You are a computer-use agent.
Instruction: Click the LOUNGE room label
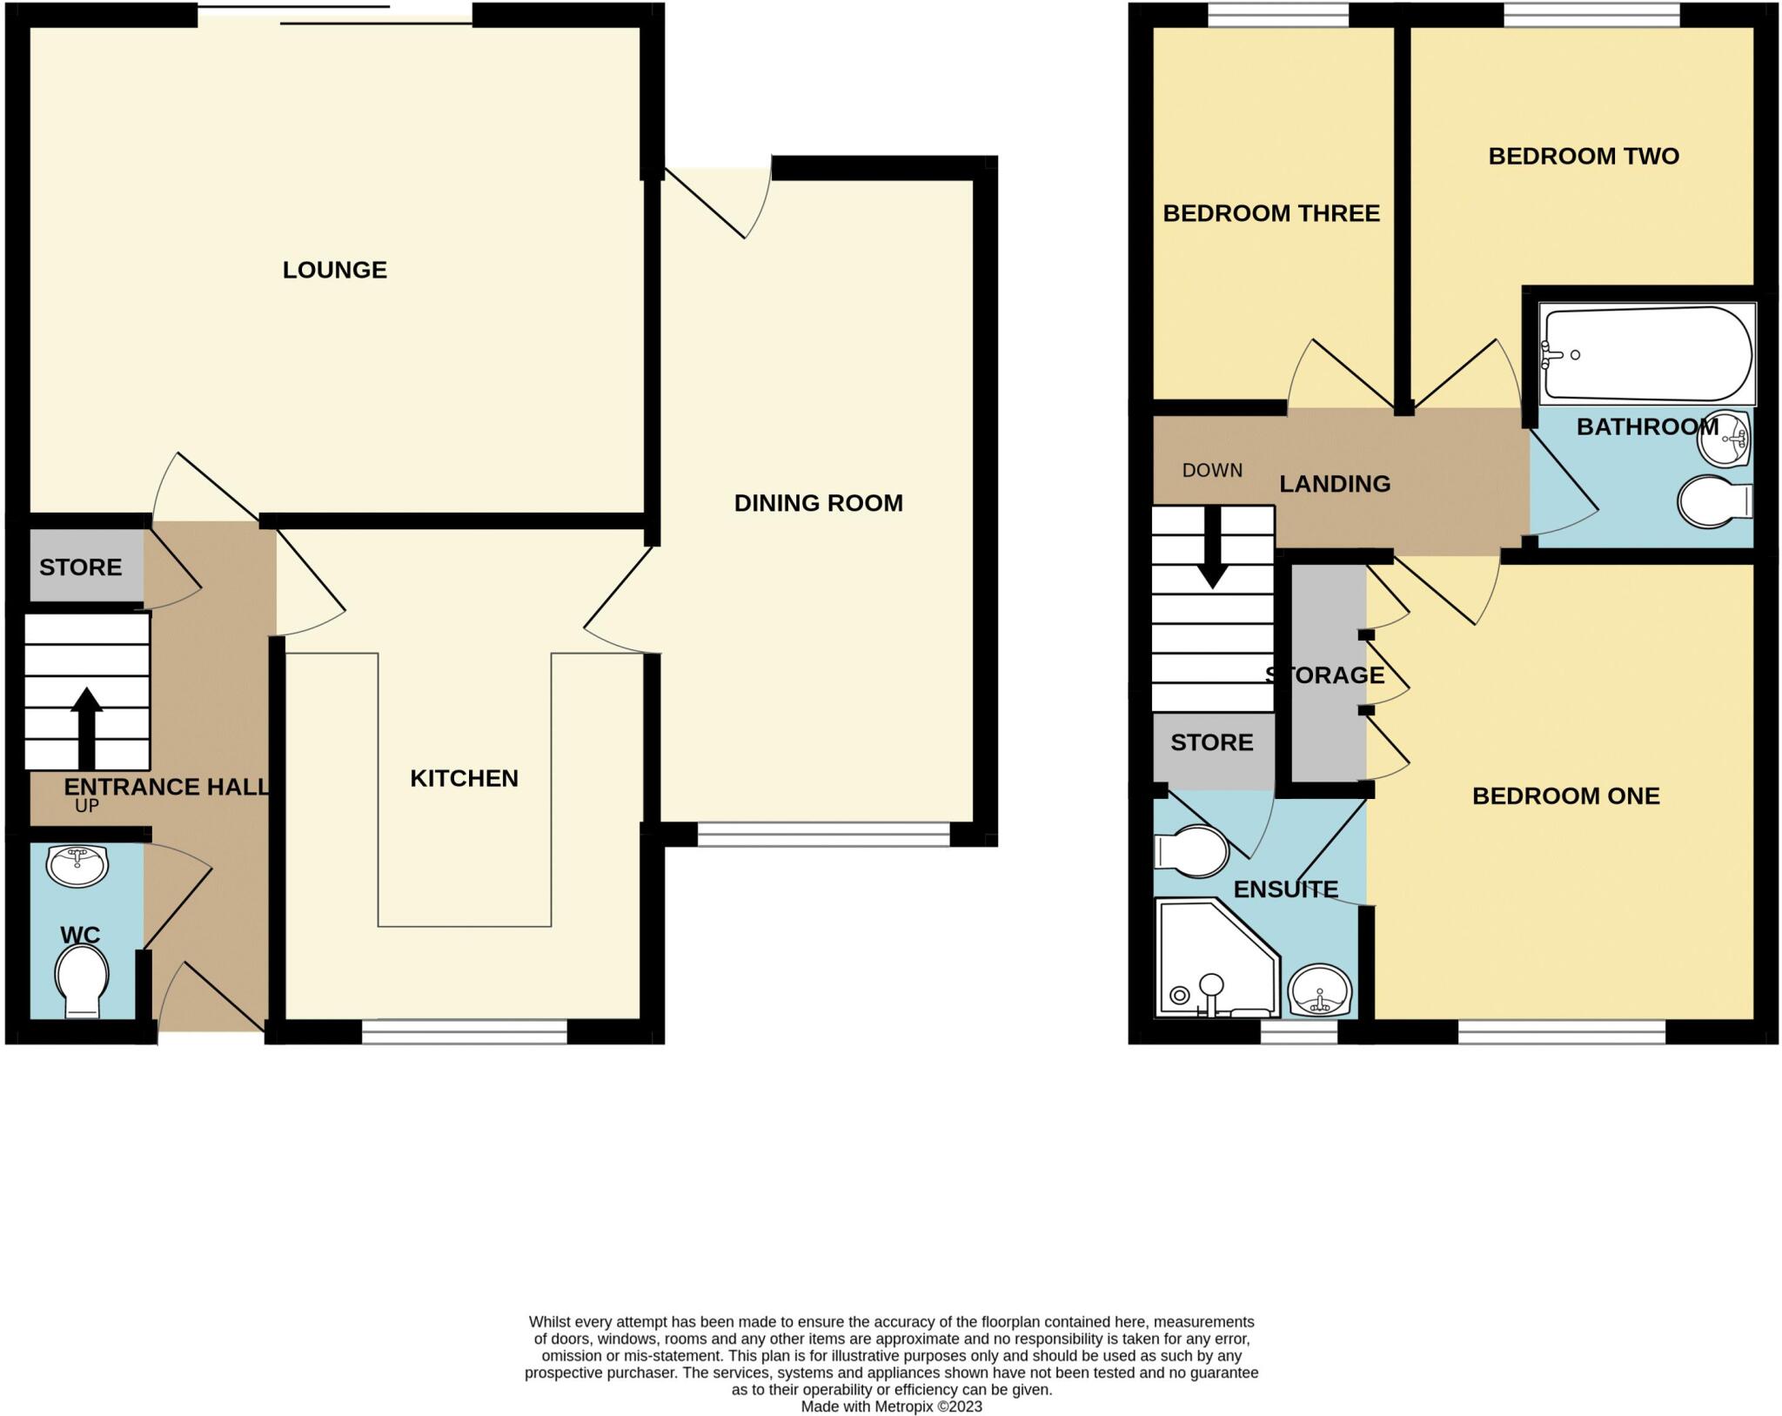coord(335,270)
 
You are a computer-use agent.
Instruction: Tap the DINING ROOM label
coord(819,503)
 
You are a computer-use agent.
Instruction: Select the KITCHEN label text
coord(464,778)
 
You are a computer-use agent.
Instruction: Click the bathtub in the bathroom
coord(1647,353)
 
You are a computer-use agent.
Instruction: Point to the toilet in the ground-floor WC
coord(82,981)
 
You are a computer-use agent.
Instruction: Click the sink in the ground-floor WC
coord(77,865)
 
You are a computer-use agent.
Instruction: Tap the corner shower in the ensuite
coord(1217,957)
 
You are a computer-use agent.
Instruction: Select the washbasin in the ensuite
coord(1321,990)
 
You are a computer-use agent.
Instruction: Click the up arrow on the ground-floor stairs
coord(86,728)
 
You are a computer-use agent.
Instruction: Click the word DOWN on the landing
coord(1212,471)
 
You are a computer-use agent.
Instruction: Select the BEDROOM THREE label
coord(1271,213)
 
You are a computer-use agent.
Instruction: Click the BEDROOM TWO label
coord(1584,157)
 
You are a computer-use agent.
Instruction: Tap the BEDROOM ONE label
coord(1566,795)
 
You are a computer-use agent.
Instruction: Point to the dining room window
coord(823,835)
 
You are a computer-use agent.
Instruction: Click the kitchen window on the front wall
coord(464,1032)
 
